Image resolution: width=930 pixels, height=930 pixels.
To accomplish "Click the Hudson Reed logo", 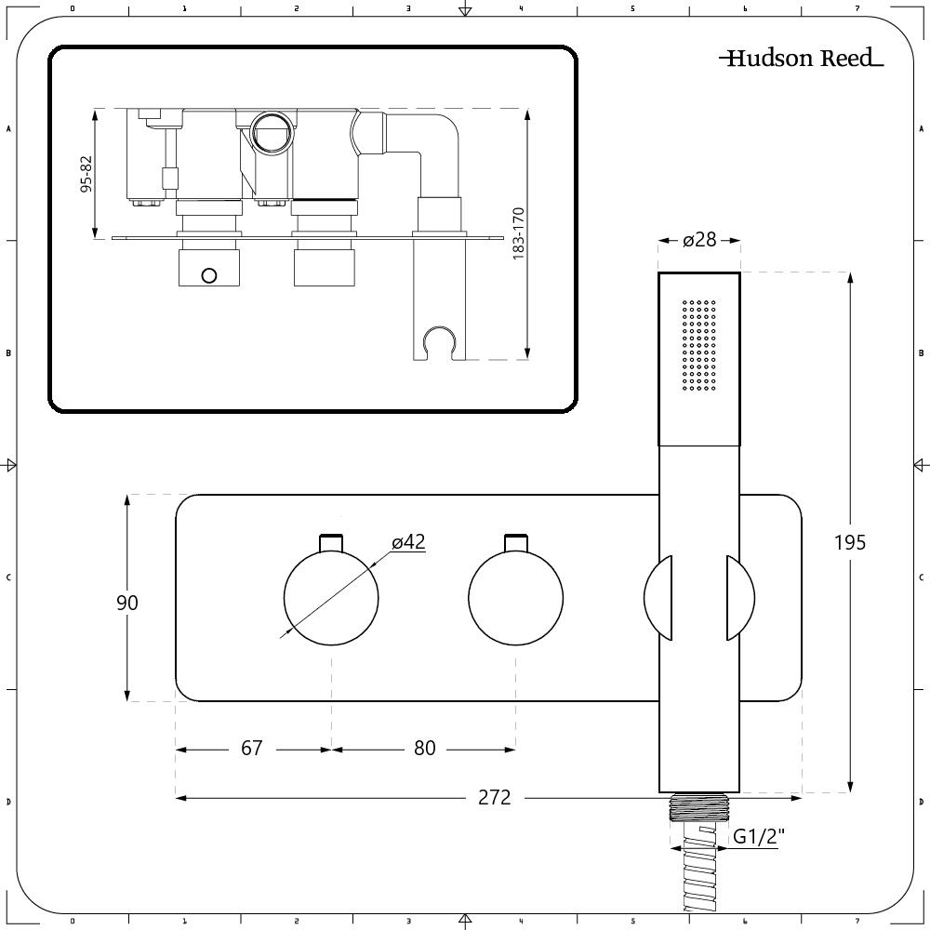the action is coord(802,58).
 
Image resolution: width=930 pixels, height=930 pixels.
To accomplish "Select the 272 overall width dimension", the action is coord(494,798).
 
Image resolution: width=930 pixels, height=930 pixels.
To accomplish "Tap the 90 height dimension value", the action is coord(126,603).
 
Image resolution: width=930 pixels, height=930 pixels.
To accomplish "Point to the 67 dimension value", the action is coord(251,749).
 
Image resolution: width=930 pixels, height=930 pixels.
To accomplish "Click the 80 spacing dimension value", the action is coord(425,749).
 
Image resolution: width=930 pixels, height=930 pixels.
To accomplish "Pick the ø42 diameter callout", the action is coord(408,542).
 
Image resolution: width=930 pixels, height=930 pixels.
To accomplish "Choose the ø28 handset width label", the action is coord(699,240).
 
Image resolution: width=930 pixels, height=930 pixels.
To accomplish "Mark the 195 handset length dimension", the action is coord(850,543).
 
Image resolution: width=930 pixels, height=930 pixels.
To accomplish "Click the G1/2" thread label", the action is coord(759,836).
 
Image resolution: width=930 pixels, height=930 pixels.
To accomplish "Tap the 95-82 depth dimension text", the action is coord(86,174).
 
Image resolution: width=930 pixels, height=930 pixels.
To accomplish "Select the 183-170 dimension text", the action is coord(518,233).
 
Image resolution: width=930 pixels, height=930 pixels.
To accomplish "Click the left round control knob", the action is coord(331,598).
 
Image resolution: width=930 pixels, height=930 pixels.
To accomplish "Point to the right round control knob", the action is coord(515,598).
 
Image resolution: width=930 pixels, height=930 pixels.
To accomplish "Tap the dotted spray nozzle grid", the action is coord(699,345).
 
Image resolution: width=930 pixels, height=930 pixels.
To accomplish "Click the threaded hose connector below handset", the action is coord(698,807).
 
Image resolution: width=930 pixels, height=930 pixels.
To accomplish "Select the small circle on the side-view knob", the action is coord(208,275).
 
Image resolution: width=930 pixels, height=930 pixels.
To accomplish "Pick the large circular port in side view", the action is coord(272,133).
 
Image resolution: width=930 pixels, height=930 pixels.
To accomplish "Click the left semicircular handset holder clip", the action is coord(658,598).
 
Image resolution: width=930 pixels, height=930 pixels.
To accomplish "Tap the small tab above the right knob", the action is coord(515,542).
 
